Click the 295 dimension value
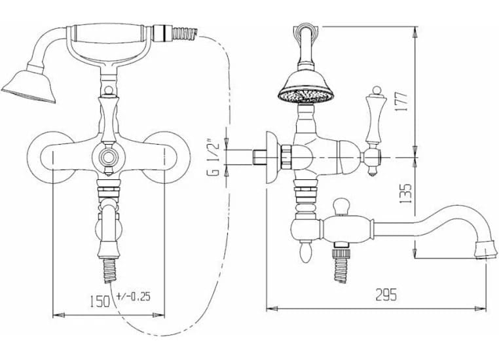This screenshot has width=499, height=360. coord(386,295)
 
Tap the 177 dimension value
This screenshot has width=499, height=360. coord(402,101)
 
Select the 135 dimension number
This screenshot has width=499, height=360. coord(405,194)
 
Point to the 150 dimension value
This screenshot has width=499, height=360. coord(100,301)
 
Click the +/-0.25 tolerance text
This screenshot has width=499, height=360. coord(134,297)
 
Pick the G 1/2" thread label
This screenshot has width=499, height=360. coord(215,158)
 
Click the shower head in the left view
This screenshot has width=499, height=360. coord(29,86)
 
